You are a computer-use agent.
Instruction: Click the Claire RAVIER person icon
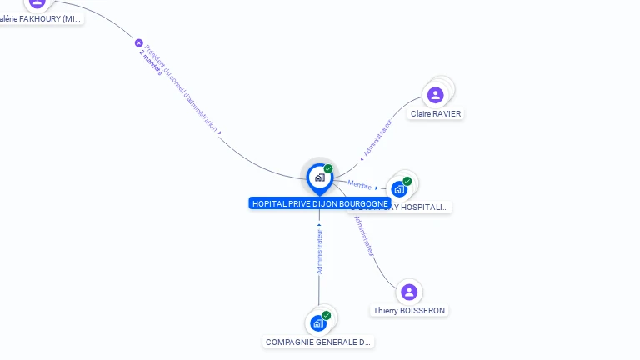pos(435,95)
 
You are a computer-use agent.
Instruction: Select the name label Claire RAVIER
pos(436,114)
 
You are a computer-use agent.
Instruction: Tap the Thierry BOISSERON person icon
pos(408,292)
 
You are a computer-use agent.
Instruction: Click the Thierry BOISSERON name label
pos(409,311)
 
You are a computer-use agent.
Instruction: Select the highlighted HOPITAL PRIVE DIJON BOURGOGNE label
pos(320,203)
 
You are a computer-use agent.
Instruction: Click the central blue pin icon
pos(319,177)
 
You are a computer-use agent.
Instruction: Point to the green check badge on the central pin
pos(328,168)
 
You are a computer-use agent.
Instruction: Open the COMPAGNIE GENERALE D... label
pos(318,342)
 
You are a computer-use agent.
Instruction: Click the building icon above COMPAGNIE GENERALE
pos(317,322)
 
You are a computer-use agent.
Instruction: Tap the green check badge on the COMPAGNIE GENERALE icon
pos(326,315)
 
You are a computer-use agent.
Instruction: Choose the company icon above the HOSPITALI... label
pos(399,188)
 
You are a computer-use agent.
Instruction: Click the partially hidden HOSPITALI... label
pos(421,207)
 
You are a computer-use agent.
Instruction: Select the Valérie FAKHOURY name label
pos(42,18)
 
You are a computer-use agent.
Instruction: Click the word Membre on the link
pos(360,184)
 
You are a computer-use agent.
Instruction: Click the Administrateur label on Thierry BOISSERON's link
pos(365,236)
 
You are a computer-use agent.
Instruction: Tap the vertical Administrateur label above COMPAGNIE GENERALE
pos(319,248)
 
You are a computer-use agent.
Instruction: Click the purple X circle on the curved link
pos(139,42)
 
